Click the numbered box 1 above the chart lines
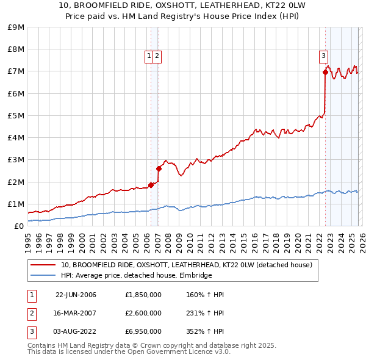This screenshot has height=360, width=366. click(x=149, y=56)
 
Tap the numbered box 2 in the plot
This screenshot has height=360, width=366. click(x=157, y=56)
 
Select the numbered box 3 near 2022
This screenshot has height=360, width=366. click(x=323, y=56)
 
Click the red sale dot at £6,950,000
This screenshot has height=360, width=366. click(x=325, y=73)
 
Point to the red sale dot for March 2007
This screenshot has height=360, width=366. click(x=159, y=168)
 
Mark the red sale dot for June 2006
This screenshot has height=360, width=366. click(x=151, y=185)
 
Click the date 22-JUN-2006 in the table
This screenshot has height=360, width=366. click(x=76, y=295)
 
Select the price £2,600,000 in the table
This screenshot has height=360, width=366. click(x=143, y=313)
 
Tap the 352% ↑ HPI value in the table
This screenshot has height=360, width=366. click(x=205, y=331)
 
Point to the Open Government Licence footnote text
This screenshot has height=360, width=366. click(x=129, y=351)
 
